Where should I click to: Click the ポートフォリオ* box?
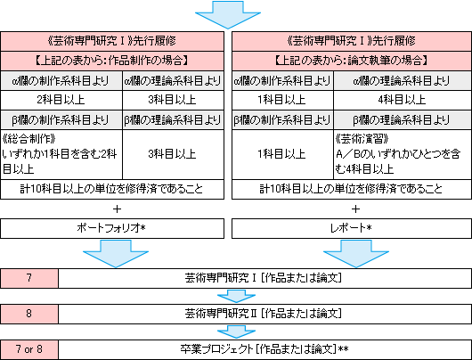pyautogui.click(x=112, y=228)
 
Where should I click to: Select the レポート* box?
pyautogui.click(x=352, y=228)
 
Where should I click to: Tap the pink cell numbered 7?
pyautogui.click(x=29, y=278)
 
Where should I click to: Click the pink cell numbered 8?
pyautogui.click(x=29, y=314)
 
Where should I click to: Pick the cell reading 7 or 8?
pyautogui.click(x=29, y=349)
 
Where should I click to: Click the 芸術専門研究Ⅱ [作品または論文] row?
pyautogui.click(x=264, y=314)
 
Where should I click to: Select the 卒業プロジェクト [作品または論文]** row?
pyautogui.click(x=264, y=349)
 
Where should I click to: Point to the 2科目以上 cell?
pyautogui.click(x=61, y=100)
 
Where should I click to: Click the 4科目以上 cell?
pyautogui.click(x=403, y=100)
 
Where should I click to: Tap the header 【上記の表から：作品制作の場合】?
pyautogui.click(x=112, y=61)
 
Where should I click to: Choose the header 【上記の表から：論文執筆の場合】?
pyautogui.click(x=352, y=61)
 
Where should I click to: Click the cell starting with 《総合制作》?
pyautogui.click(x=61, y=154)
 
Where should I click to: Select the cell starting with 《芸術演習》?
pyautogui.click(x=403, y=154)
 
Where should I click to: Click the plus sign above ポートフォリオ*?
pyautogui.click(x=117, y=209)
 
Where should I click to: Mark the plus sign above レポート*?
pyautogui.click(x=355, y=209)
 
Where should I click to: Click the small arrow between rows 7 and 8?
pyautogui.click(x=236, y=297)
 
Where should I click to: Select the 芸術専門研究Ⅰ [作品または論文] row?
pyautogui.click(x=264, y=278)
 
